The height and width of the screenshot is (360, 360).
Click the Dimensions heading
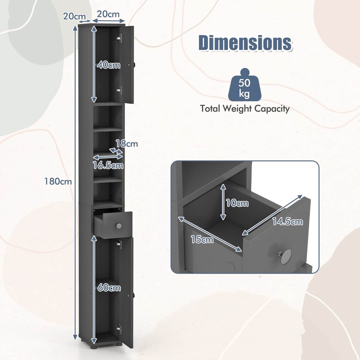pos(245,43)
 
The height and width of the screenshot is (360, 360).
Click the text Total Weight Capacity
pos(245,108)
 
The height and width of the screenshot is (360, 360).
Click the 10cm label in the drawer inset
pos(237,203)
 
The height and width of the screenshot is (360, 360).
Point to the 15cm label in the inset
pos(202,240)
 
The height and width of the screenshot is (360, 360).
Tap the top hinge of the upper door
pos(119,38)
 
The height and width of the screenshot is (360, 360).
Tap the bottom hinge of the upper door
pos(119,90)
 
